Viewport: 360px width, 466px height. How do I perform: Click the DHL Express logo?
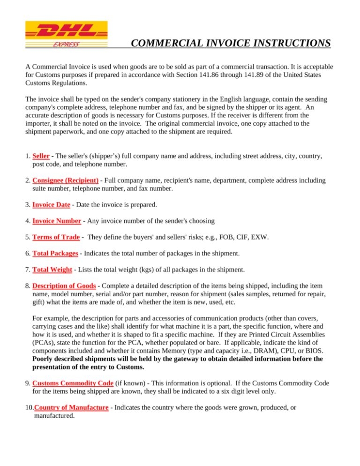click(66, 34)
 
